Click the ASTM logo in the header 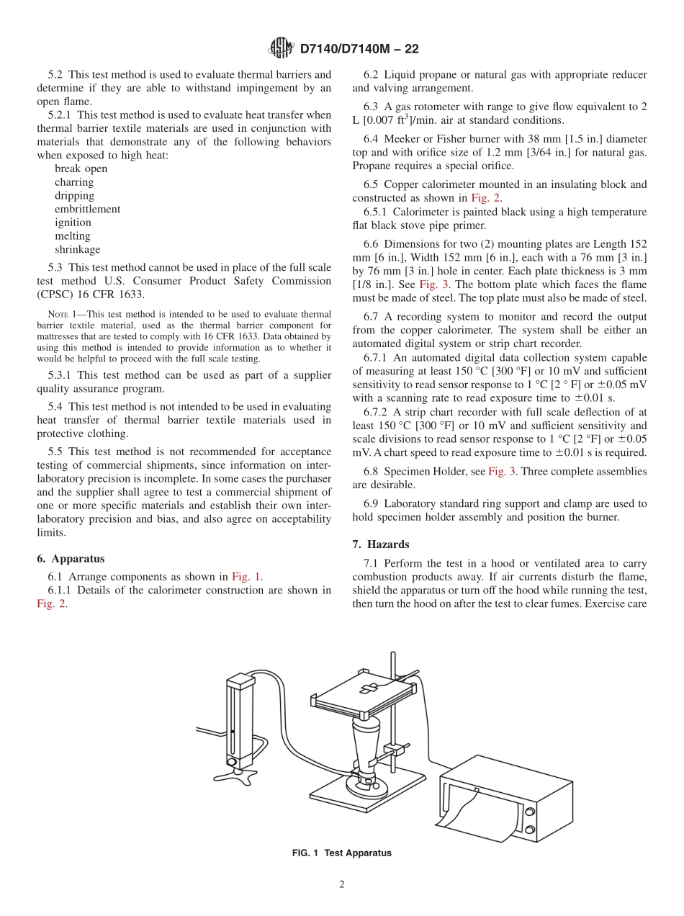(x=281, y=48)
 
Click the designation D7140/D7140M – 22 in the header (x=359, y=49)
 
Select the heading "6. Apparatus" (x=71, y=558)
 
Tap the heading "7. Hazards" (x=381, y=545)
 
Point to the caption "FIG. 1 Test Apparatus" (x=341, y=853)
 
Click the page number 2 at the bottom (x=342, y=884)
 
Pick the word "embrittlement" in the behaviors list (x=87, y=209)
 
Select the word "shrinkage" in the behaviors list (x=77, y=249)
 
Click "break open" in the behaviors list (x=81, y=169)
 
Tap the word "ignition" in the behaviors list (x=73, y=223)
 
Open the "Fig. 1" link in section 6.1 (x=246, y=576)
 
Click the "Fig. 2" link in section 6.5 (x=486, y=198)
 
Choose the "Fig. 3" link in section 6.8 (x=502, y=471)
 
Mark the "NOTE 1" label (x=57, y=314)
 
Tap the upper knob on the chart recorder (x=530, y=812)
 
